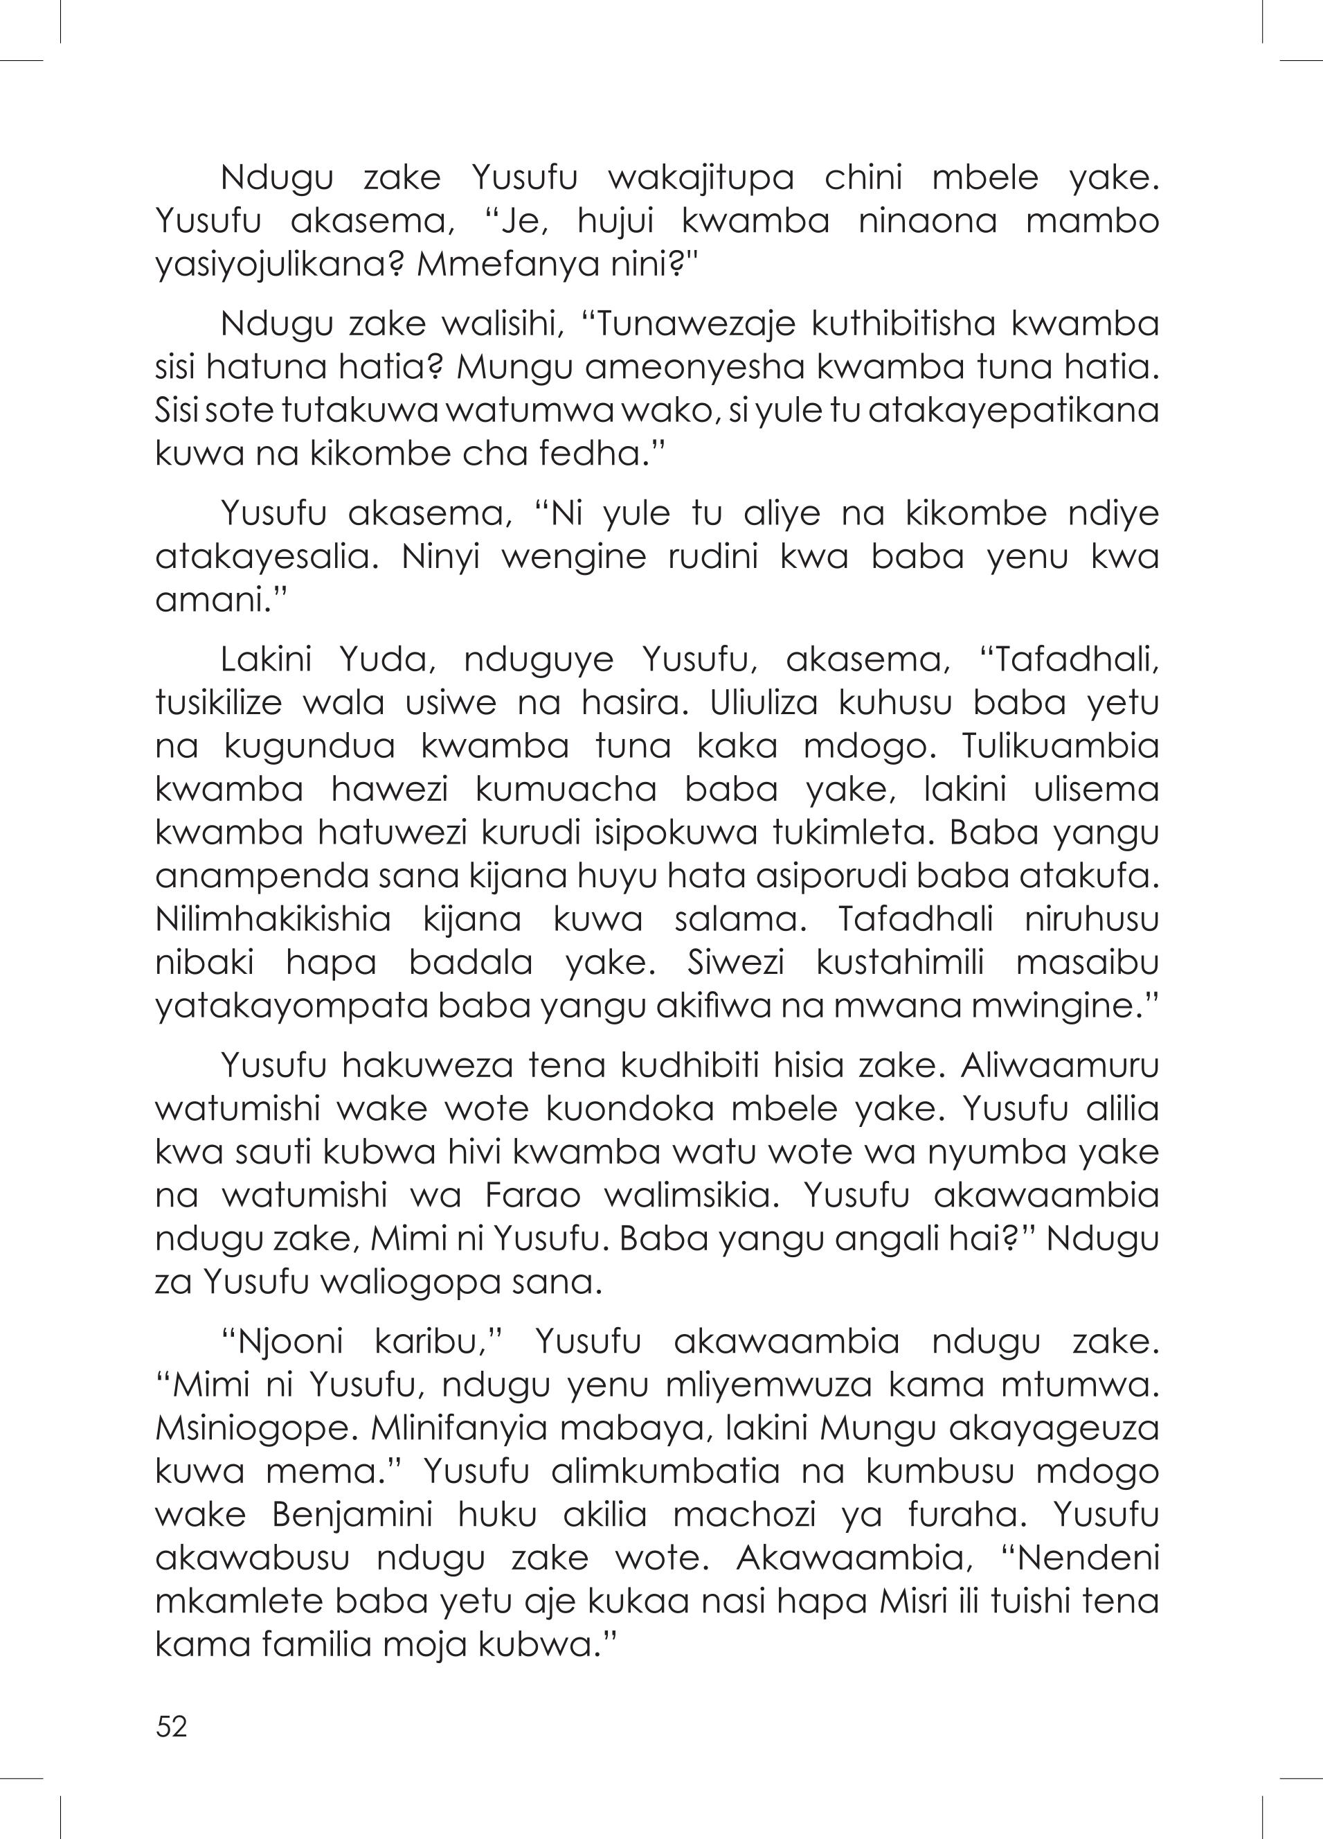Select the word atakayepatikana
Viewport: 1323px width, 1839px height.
point(1014,410)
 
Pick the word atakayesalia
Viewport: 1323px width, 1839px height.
point(266,557)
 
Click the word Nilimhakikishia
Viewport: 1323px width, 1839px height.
point(273,920)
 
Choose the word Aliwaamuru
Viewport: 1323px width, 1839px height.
point(1061,1066)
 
